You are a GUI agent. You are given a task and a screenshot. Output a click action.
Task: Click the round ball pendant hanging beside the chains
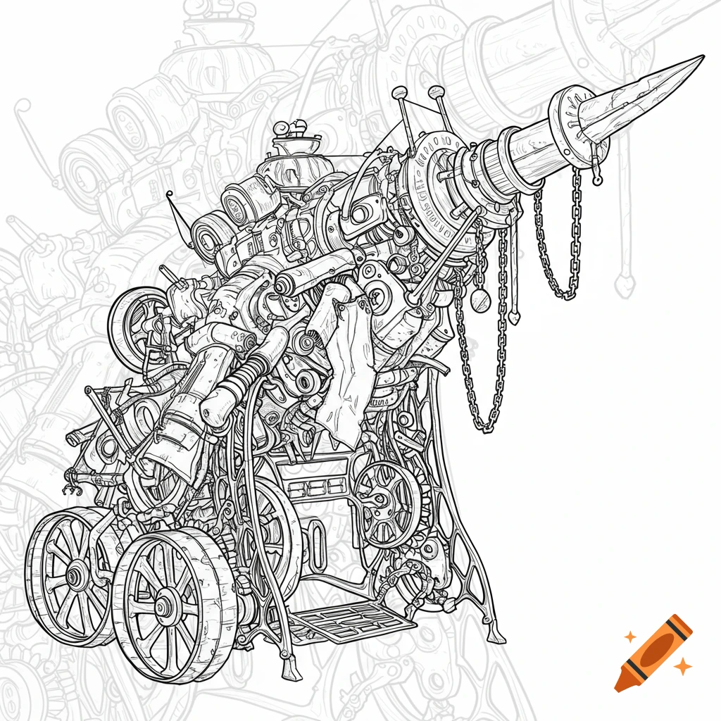point(480,301)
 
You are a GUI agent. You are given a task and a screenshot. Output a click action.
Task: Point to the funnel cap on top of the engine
point(291,145)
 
